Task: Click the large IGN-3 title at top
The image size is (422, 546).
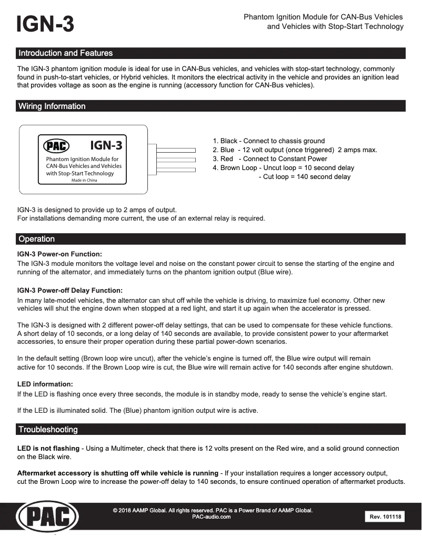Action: pyautogui.click(x=45, y=24)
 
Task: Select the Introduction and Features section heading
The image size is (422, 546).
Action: pyautogui.click(x=65, y=53)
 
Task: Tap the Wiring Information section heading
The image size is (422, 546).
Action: pyautogui.click(x=52, y=106)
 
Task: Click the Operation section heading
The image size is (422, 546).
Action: pyautogui.click(x=36, y=239)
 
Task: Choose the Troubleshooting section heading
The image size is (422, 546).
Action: pyautogui.click(x=48, y=430)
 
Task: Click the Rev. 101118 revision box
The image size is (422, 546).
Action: pyautogui.click(x=385, y=517)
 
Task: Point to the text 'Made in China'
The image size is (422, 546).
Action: pyautogui.click(x=84, y=180)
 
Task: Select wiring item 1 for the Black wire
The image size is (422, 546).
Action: pyautogui.click(x=268, y=141)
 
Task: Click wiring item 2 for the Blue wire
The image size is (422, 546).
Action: pyautogui.click(x=295, y=150)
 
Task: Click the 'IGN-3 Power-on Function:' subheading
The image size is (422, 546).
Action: pyautogui.click(x=59, y=254)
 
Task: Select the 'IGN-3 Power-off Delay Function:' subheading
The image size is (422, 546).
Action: pyautogui.click(x=70, y=290)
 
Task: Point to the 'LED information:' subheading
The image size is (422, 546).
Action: pyautogui.click(x=45, y=384)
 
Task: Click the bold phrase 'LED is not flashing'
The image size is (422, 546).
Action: pyautogui.click(x=48, y=448)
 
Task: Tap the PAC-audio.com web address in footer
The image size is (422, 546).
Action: pyautogui.click(x=213, y=517)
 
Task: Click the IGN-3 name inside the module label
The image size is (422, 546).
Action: pyautogui.click(x=109, y=144)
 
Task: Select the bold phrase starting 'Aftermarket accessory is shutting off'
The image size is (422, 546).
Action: pyautogui.click(x=117, y=473)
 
